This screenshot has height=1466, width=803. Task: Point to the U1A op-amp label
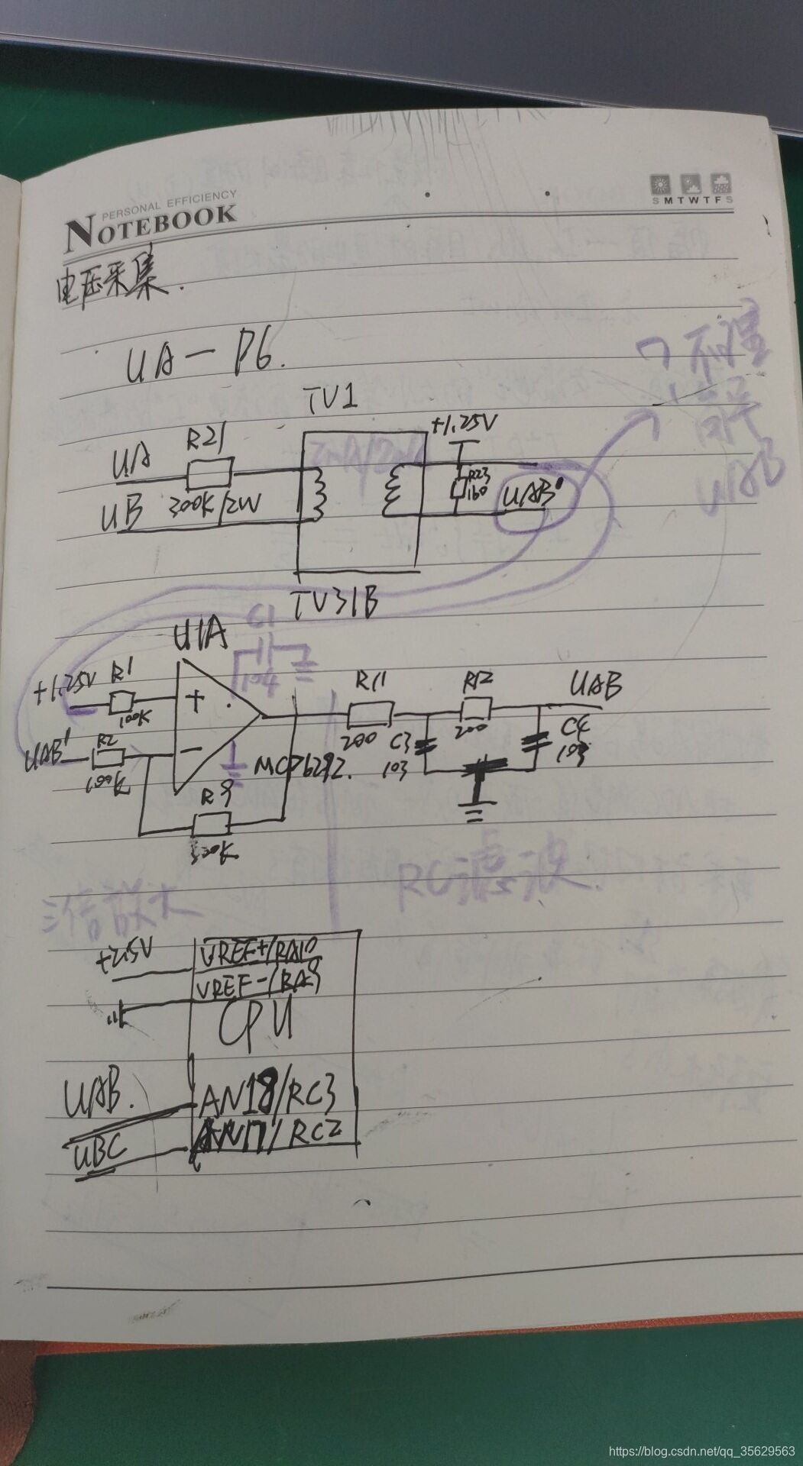[201, 636]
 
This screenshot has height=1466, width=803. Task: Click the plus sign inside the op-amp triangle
[197, 697]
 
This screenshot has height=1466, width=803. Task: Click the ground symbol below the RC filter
[474, 808]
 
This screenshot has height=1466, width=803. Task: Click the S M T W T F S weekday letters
[691, 200]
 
